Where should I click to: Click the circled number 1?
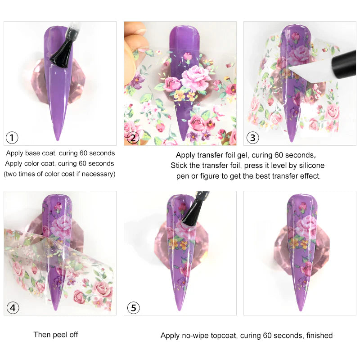[x=13, y=137]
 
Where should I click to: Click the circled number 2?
[x=133, y=137]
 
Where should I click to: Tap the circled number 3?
[x=252, y=137]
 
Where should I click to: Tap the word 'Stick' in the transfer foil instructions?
[x=180, y=166]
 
